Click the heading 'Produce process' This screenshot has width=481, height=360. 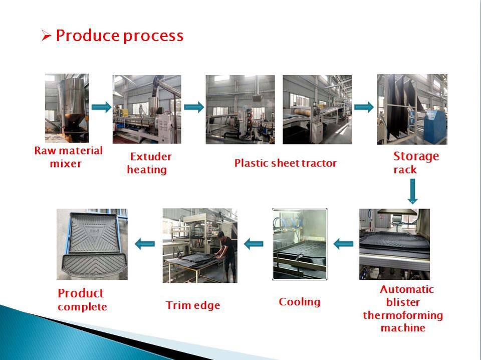click(x=119, y=36)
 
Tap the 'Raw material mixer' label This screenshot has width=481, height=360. click(x=68, y=157)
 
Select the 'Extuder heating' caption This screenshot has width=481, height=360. click(x=148, y=163)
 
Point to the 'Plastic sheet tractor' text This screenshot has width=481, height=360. click(x=286, y=163)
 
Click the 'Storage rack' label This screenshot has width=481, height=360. click(x=415, y=162)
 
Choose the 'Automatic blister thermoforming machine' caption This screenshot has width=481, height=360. click(x=403, y=308)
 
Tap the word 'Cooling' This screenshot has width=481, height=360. click(x=299, y=302)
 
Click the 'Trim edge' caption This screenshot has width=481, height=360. click(x=193, y=305)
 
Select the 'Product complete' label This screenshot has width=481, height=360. click(x=82, y=299)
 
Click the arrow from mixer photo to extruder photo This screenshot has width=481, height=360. click(x=101, y=107)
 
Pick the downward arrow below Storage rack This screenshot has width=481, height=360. click(x=412, y=192)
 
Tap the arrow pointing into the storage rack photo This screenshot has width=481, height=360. click(x=364, y=107)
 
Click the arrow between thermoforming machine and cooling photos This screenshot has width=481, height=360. click(x=343, y=244)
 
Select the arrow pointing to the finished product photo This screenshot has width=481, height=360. click(x=145, y=244)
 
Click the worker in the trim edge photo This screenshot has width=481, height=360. click(x=226, y=253)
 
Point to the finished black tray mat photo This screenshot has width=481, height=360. click(x=92, y=244)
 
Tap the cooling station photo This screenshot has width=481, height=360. click(x=299, y=244)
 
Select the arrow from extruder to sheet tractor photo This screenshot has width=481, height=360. click(x=194, y=107)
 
